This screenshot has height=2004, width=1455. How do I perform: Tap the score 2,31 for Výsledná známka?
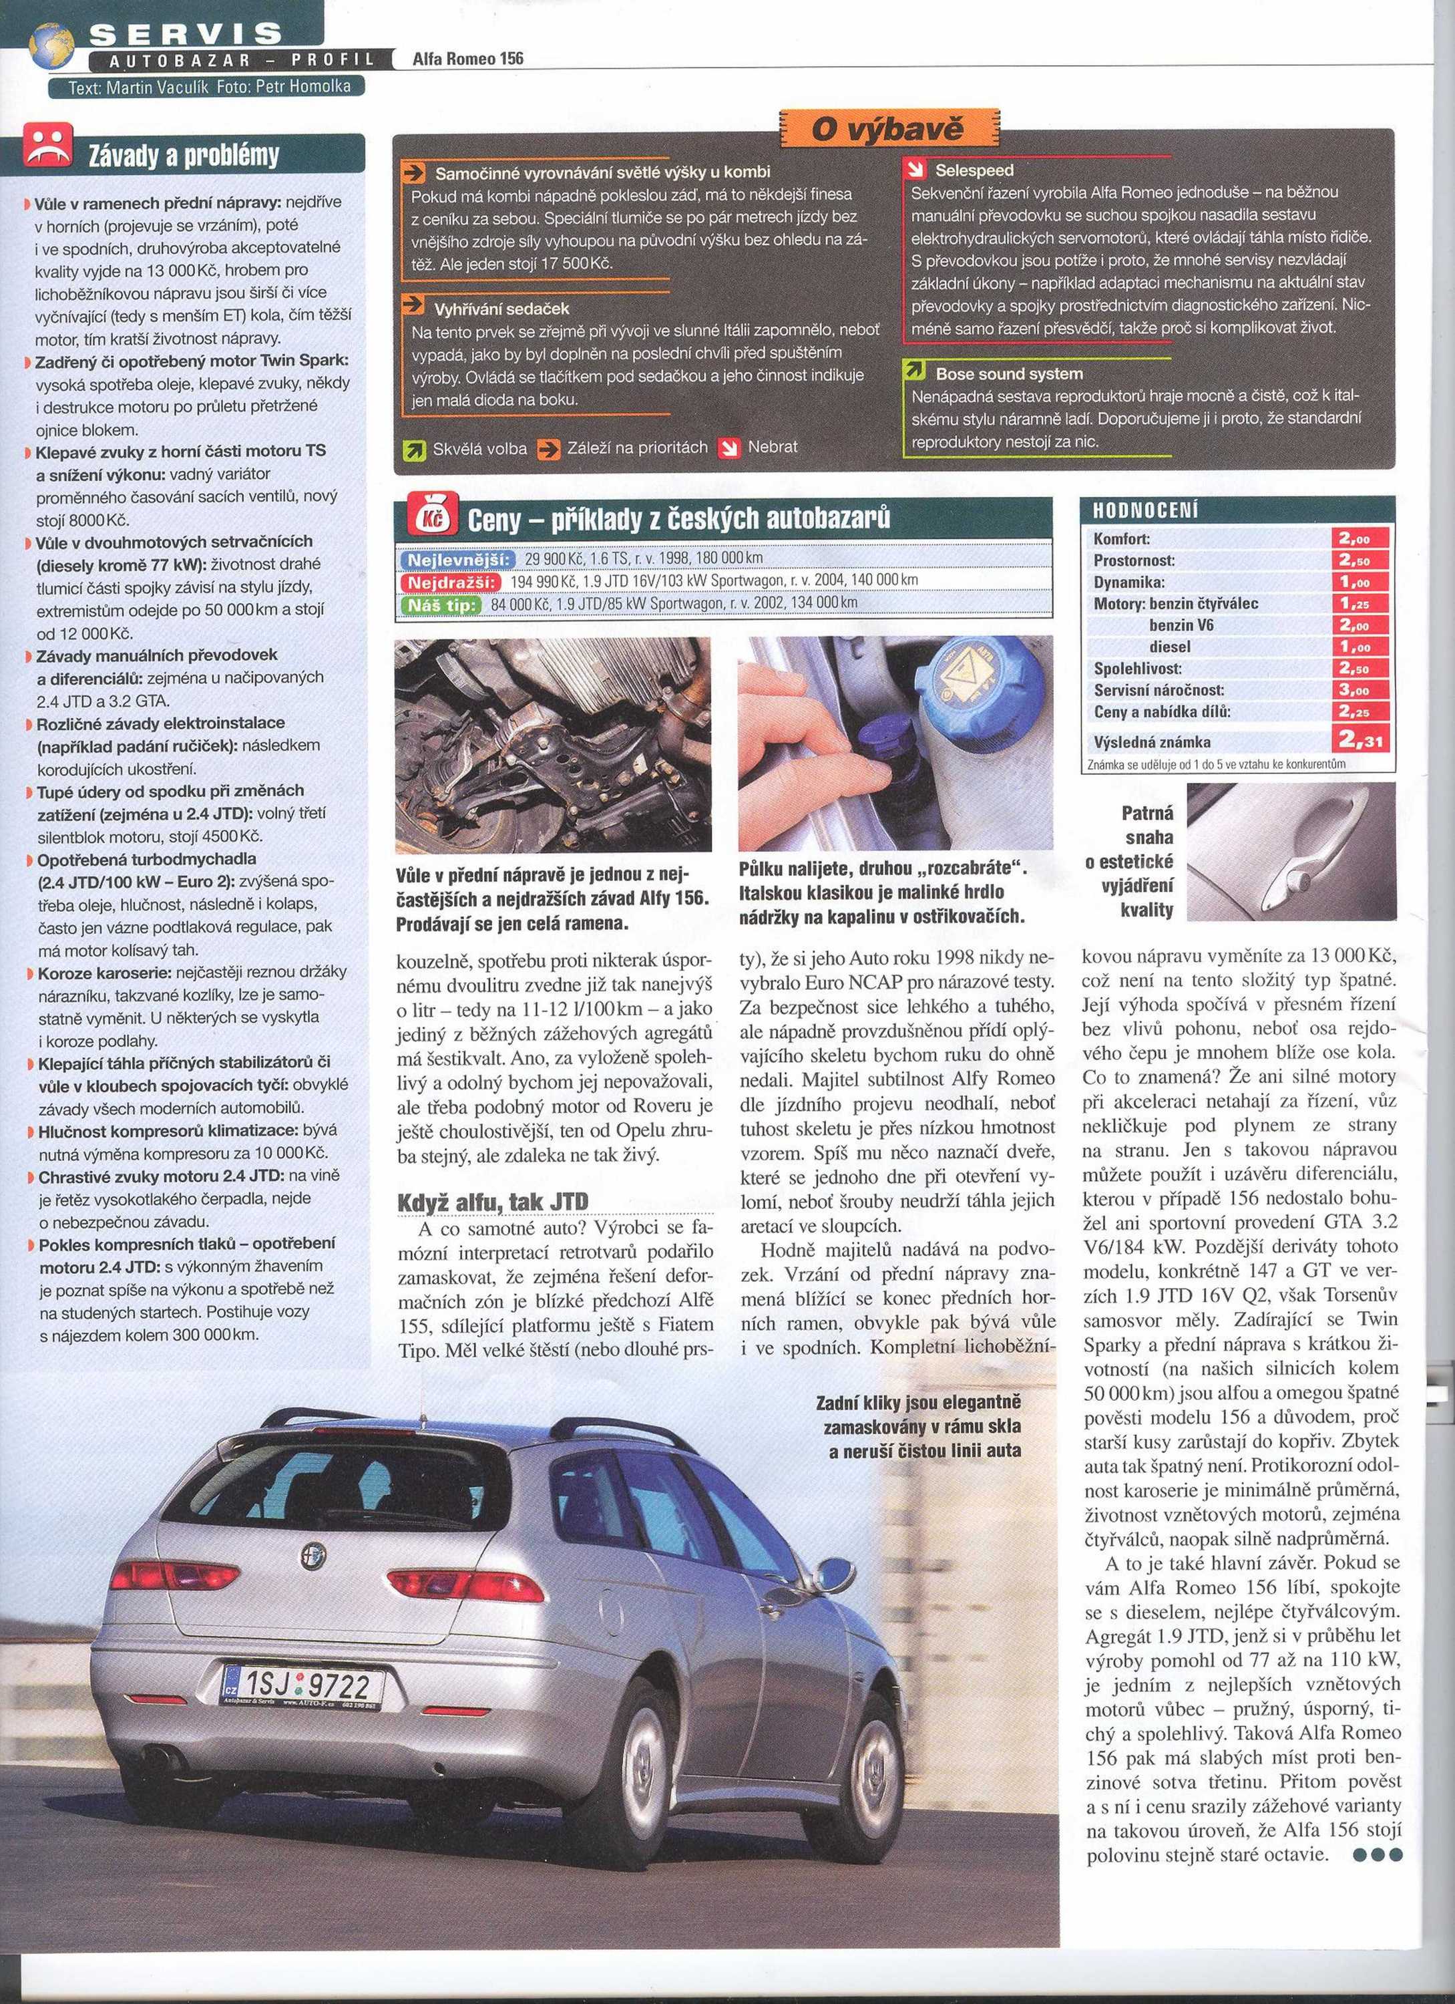coord(1362,739)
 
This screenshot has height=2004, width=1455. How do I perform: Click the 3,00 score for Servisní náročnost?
coord(1362,690)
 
